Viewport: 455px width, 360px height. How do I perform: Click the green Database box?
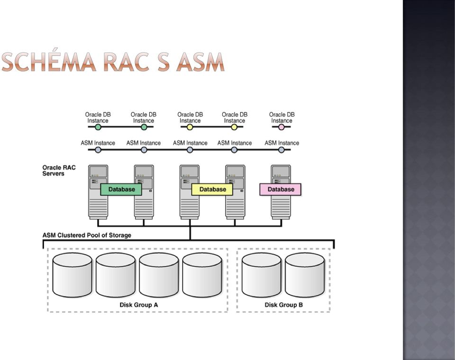click(x=121, y=189)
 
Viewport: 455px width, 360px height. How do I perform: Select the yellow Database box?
click(x=212, y=189)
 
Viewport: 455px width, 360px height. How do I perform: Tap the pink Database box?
click(x=280, y=189)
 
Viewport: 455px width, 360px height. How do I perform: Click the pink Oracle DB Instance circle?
click(x=281, y=127)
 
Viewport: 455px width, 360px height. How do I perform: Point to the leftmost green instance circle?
click(x=98, y=127)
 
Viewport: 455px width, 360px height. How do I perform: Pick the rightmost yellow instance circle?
click(x=234, y=127)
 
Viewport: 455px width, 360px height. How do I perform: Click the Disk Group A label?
click(x=139, y=305)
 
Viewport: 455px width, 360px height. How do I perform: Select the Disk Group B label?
click(x=284, y=305)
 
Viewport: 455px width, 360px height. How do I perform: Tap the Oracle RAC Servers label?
click(x=59, y=171)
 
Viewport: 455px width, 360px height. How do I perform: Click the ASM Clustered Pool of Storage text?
click(x=87, y=235)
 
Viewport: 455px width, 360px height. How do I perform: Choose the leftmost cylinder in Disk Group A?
click(x=72, y=275)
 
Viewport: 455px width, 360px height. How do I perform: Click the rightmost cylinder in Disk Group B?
click(x=305, y=275)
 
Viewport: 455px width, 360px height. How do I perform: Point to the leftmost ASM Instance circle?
click(x=98, y=150)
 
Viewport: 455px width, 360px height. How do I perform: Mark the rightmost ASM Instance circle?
click(x=281, y=150)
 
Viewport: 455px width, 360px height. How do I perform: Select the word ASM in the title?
click(x=200, y=62)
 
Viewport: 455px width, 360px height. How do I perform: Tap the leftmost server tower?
click(x=98, y=192)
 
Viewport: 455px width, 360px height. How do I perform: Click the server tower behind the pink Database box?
click(x=281, y=192)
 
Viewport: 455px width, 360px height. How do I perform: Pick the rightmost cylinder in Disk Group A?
click(x=202, y=275)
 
